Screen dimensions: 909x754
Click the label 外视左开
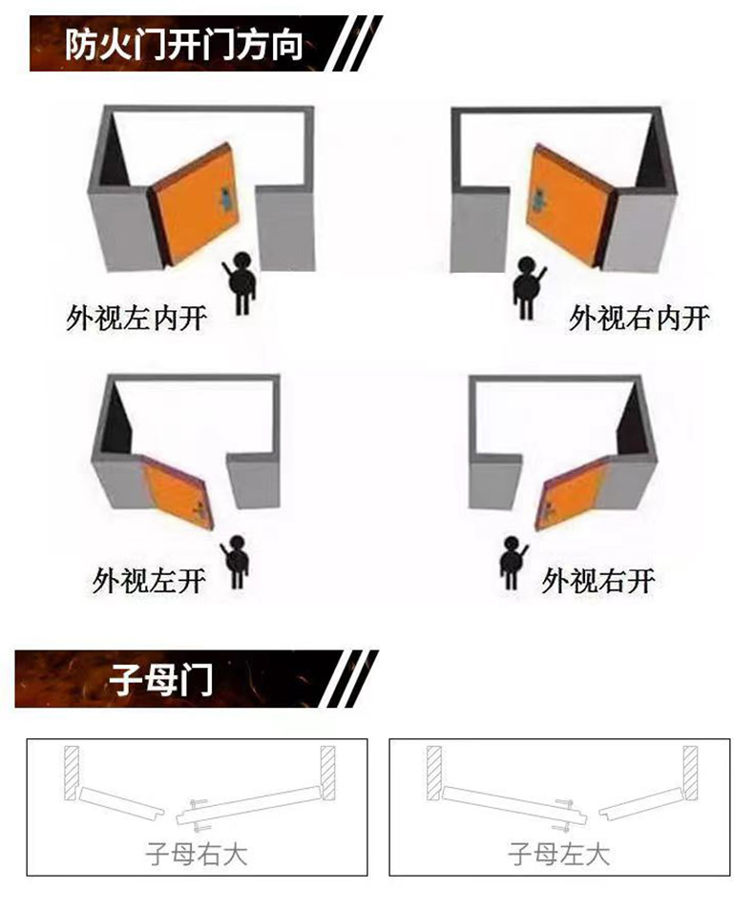(x=148, y=579)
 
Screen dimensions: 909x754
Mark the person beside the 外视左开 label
(x=236, y=562)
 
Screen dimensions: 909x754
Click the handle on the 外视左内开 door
(x=225, y=198)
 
